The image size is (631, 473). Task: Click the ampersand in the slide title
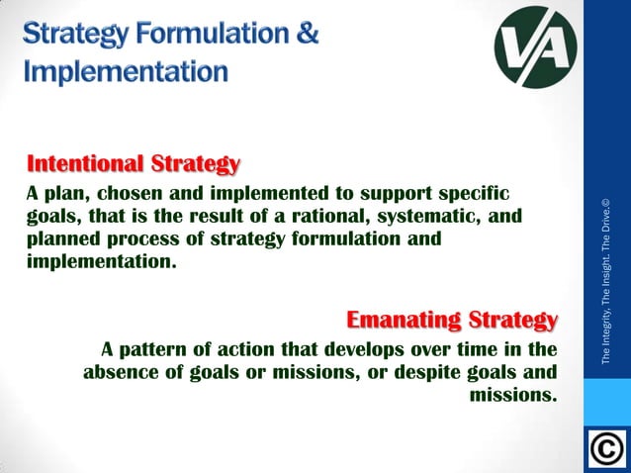307,33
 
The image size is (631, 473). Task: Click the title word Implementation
126,71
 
